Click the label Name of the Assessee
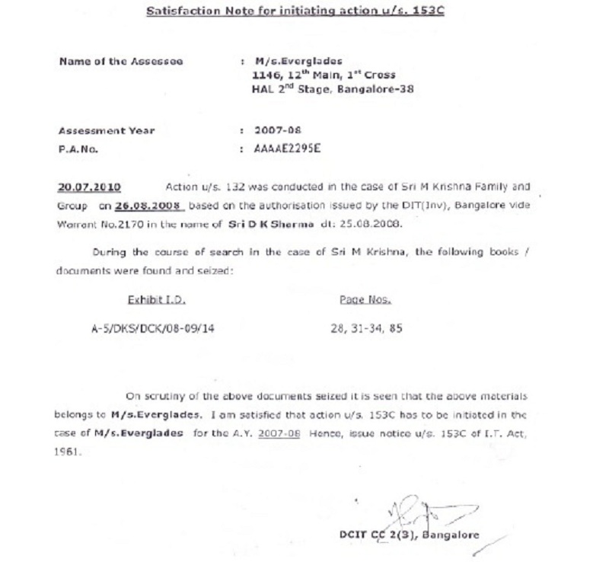120,62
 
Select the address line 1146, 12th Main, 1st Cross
323,75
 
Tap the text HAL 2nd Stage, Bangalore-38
333,89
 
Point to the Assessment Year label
107,130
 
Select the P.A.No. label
79,149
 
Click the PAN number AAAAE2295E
288,148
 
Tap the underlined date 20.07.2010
88,187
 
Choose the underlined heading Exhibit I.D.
151,299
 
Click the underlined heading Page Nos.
365,299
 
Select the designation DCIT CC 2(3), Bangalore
410,534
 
